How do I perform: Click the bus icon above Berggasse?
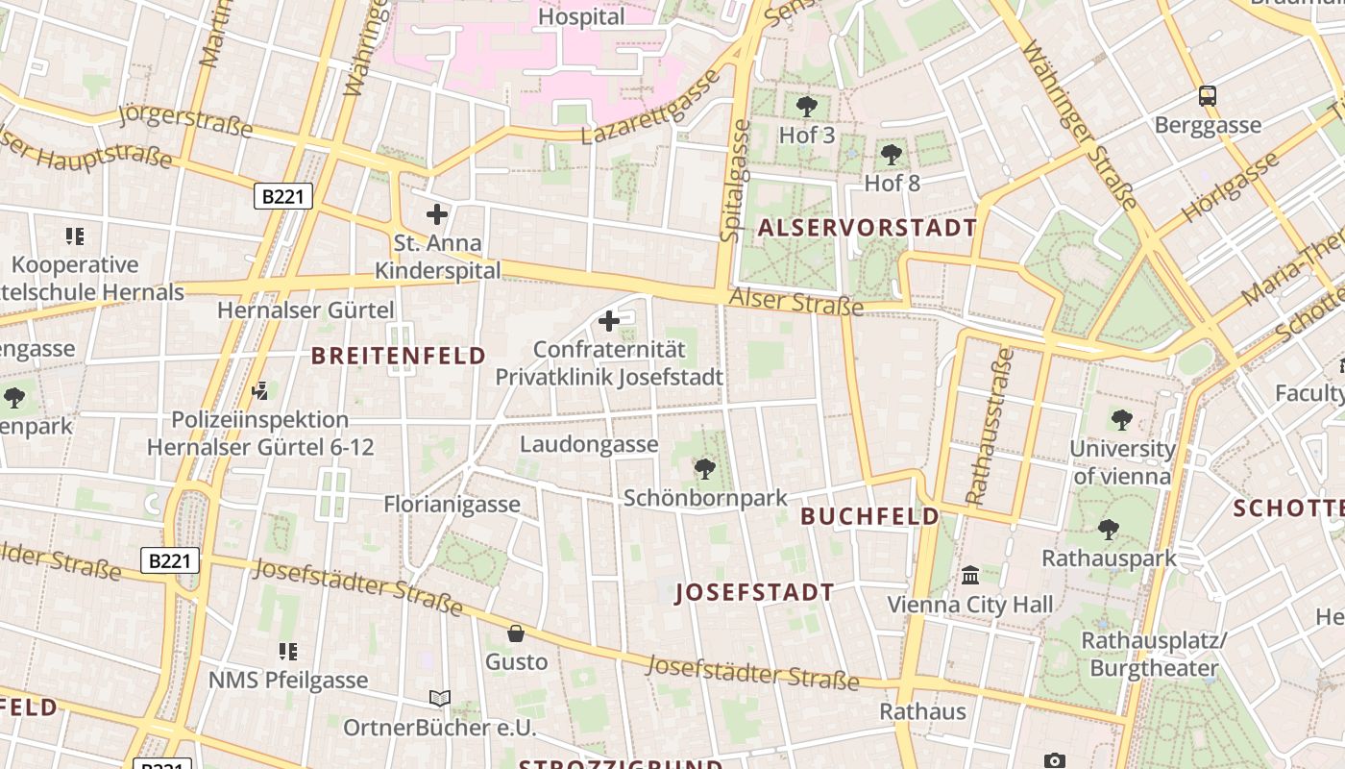[x=1208, y=96]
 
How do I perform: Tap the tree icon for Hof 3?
[x=807, y=106]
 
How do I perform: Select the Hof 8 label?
[x=893, y=183]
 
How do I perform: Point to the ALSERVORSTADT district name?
[x=867, y=228]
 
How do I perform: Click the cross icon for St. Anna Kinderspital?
[x=437, y=214]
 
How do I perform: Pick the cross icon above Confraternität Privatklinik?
[x=609, y=321]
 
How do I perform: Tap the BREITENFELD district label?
[x=399, y=356]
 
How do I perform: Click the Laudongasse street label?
[x=589, y=444]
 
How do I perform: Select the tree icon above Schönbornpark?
[x=704, y=469]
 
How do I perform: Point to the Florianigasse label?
[x=452, y=504]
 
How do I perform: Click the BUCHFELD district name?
[x=869, y=516]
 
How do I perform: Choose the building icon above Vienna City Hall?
[x=970, y=576]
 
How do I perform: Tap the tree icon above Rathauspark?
[x=1109, y=529]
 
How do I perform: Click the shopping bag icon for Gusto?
[x=516, y=633]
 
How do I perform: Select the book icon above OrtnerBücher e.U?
[x=440, y=699]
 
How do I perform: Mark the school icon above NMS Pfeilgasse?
[x=287, y=652]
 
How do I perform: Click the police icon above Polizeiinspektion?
[x=259, y=390]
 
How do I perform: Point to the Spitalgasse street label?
[x=735, y=180]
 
